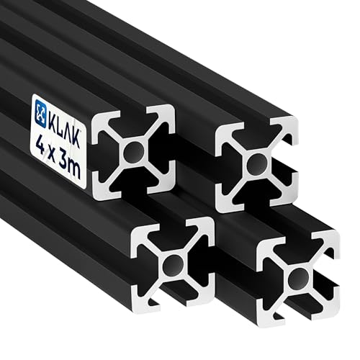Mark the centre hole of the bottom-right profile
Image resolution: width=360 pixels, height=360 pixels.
pos(296,279)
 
